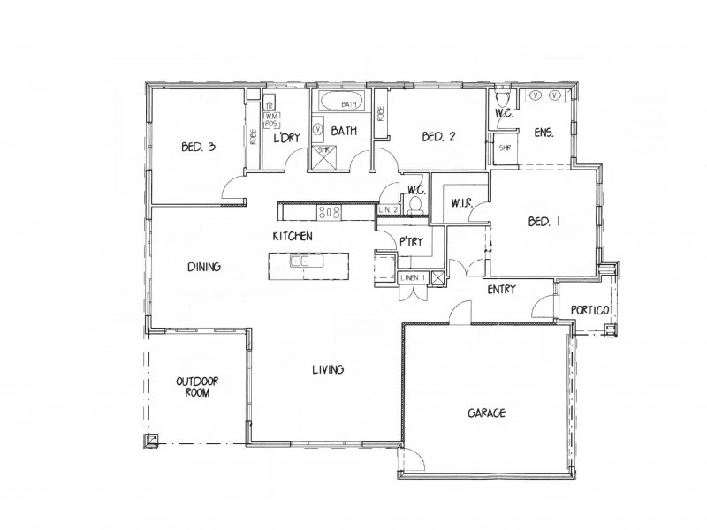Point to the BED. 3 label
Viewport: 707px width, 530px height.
tap(197, 148)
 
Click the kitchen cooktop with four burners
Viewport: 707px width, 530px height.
tap(330, 211)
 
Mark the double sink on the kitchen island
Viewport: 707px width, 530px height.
tap(300, 261)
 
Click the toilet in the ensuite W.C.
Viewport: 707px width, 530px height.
tap(503, 98)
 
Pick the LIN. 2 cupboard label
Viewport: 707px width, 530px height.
tap(389, 208)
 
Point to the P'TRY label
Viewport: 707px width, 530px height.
tap(408, 241)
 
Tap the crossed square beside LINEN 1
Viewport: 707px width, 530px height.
tap(437, 278)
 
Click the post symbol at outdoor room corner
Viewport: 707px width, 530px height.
tap(153, 440)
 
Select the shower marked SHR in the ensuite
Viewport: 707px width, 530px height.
tap(506, 148)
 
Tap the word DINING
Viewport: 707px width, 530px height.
tap(203, 267)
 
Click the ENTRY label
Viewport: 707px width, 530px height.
tap(501, 289)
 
